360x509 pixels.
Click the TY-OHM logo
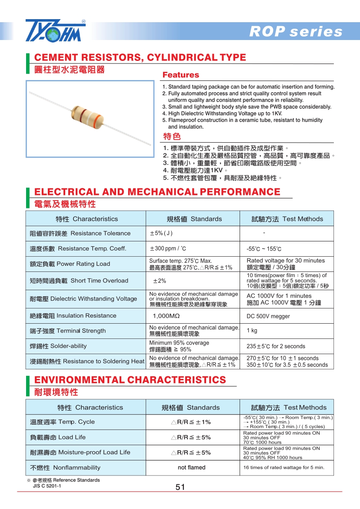click(x=56, y=31)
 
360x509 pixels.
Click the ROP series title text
click(x=296, y=32)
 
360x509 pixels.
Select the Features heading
click(x=180, y=75)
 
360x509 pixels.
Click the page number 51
click(x=180, y=487)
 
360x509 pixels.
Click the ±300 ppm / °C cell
click(x=168, y=248)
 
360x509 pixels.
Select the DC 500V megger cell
click(x=268, y=316)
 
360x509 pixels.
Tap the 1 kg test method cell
click(x=252, y=331)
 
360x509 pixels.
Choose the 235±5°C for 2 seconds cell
click(x=276, y=346)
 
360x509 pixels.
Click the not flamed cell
click(x=192, y=468)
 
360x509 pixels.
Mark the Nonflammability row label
click(x=65, y=468)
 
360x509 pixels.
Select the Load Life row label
click(x=58, y=437)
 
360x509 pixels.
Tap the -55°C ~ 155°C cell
click(x=264, y=249)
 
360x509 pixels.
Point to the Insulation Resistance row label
click(x=73, y=316)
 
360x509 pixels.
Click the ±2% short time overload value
click(x=160, y=281)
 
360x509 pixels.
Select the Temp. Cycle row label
click(x=62, y=422)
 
